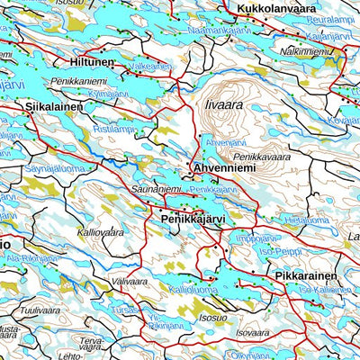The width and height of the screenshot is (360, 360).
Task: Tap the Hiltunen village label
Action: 91,63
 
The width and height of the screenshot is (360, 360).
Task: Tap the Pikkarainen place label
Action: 306,274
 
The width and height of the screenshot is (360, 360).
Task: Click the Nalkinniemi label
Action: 306,52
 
